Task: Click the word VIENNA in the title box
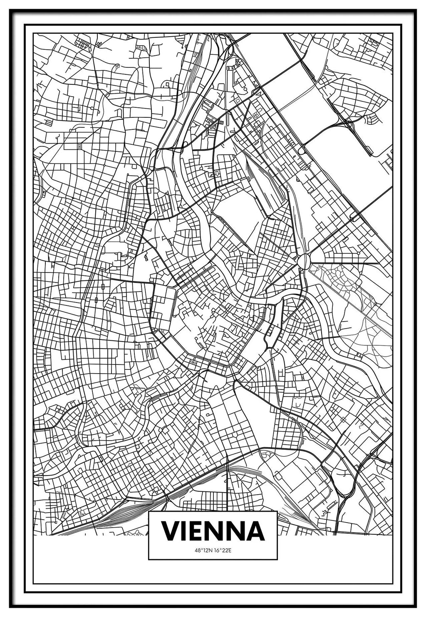[213, 530]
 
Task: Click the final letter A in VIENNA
[255, 530]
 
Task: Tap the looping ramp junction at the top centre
[225, 46]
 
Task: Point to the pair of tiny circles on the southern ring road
[193, 363]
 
